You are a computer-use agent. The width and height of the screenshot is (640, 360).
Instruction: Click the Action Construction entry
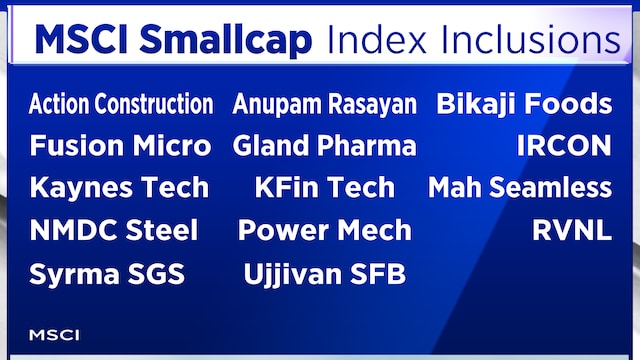tap(121, 104)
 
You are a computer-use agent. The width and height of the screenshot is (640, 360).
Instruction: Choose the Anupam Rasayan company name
tap(324, 104)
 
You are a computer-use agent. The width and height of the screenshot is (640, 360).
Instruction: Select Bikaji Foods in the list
tap(524, 104)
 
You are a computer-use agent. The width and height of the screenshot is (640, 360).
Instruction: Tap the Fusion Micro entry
tap(120, 146)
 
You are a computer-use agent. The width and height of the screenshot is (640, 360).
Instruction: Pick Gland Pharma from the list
tap(324, 146)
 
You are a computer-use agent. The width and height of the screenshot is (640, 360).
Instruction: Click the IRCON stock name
tap(563, 146)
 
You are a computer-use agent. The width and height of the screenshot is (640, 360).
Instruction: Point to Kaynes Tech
tap(119, 188)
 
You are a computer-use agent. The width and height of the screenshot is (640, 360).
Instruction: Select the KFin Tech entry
tap(324, 188)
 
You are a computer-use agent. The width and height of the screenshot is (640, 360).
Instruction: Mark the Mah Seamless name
tap(520, 188)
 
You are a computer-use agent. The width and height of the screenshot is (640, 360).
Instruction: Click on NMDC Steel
tap(114, 231)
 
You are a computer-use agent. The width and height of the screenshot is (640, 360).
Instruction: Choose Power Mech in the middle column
tap(324, 231)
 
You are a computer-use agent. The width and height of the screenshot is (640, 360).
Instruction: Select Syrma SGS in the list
tap(107, 274)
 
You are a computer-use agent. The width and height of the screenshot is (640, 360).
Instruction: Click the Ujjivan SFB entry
tap(324, 274)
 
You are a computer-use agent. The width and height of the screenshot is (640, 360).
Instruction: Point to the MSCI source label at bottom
tap(54, 334)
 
